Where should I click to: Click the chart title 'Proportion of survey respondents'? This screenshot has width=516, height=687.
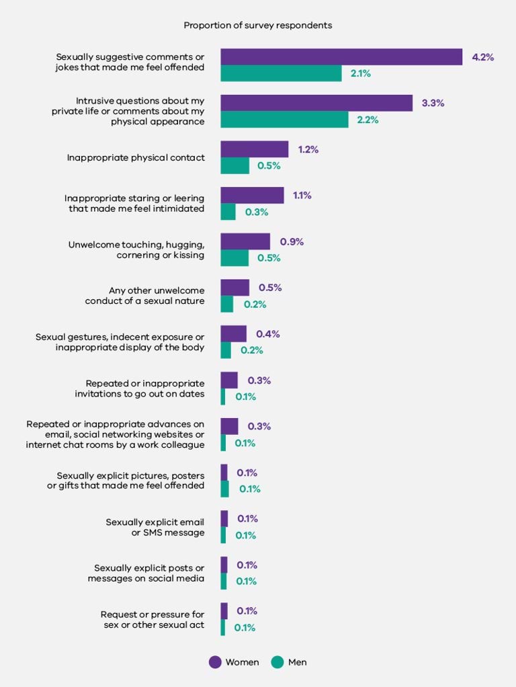[x=258, y=26]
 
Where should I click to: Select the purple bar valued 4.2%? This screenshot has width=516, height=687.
[x=341, y=57]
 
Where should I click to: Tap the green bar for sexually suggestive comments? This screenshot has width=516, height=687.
[x=281, y=73]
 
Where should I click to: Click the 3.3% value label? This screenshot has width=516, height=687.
[x=433, y=104]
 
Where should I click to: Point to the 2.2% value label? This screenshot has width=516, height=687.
[x=368, y=120]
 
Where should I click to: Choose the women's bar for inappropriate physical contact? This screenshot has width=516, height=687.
[x=254, y=149]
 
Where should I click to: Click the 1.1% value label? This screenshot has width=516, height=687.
[x=302, y=196]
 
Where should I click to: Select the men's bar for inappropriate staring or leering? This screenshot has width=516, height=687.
[x=228, y=212]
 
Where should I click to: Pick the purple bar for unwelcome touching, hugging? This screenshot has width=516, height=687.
[x=245, y=241]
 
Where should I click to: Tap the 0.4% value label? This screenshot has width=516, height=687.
[x=268, y=334]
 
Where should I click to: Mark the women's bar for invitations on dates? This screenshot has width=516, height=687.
[x=229, y=380]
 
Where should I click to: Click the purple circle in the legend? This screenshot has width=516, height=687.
[x=215, y=662]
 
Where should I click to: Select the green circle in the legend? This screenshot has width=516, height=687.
[x=277, y=662]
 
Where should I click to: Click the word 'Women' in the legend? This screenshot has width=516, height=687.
[x=242, y=662]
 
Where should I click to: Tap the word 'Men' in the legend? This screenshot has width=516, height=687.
[x=297, y=662]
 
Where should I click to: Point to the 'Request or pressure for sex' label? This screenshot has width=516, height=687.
[x=152, y=619]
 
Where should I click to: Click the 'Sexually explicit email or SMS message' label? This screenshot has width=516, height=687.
[x=155, y=527]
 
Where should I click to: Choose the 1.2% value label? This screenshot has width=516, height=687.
[x=308, y=149]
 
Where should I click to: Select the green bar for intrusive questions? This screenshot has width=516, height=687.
[x=284, y=120]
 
